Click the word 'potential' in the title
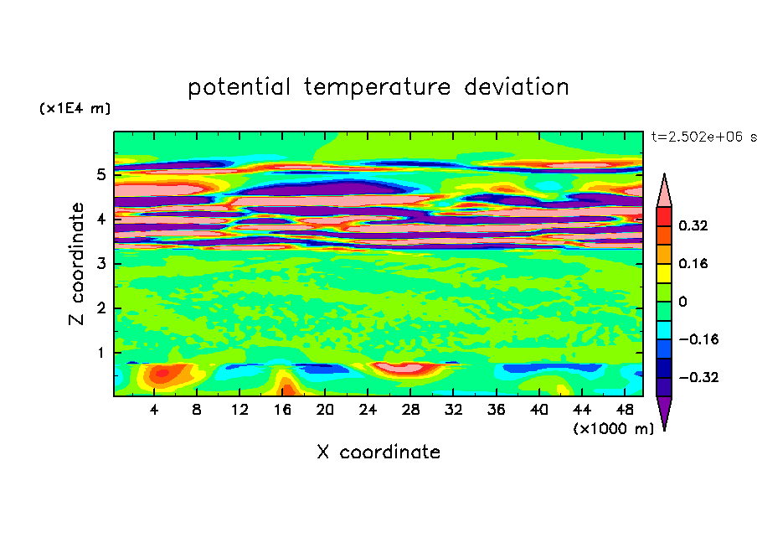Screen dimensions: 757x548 pyautogui.click(x=239, y=87)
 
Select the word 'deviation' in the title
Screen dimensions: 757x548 pyautogui.click(x=517, y=86)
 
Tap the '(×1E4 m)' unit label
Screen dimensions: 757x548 pyautogui.click(x=75, y=108)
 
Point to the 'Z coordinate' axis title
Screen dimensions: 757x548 pyautogui.click(x=76, y=264)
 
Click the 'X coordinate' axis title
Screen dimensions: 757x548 pyautogui.click(x=378, y=452)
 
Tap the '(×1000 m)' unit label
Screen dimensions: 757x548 pyautogui.click(x=613, y=428)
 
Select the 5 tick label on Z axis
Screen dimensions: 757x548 pyautogui.click(x=100, y=174)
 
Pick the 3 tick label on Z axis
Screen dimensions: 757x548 pyautogui.click(x=100, y=264)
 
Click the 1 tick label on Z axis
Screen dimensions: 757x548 pyautogui.click(x=100, y=353)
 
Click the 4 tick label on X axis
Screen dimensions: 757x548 pyautogui.click(x=154, y=410)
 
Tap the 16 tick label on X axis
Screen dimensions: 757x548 pyautogui.click(x=282, y=410)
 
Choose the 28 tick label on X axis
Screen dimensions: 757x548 pyautogui.click(x=410, y=410)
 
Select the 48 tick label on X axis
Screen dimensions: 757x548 pyautogui.click(x=625, y=410)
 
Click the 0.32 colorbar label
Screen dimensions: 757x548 pyautogui.click(x=693, y=225)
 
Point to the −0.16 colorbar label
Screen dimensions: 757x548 pyautogui.click(x=698, y=339)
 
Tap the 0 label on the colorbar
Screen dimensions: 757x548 pyautogui.click(x=682, y=302)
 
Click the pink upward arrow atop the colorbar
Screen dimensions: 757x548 pyautogui.click(x=664, y=190)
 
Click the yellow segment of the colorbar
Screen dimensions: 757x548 pyautogui.click(x=664, y=273)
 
